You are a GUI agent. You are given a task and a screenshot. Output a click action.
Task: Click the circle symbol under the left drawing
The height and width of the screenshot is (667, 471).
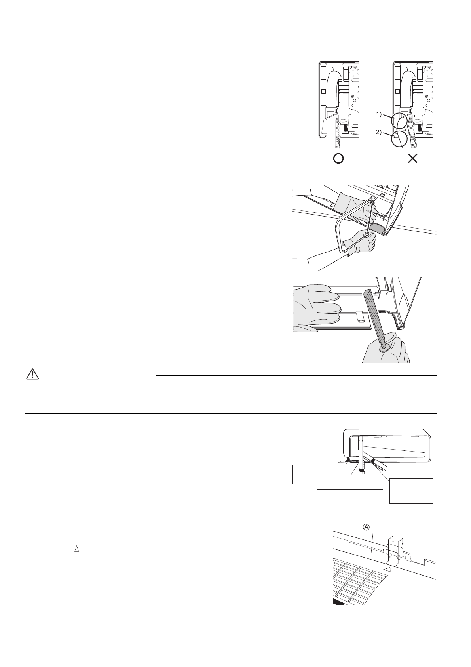click(x=338, y=159)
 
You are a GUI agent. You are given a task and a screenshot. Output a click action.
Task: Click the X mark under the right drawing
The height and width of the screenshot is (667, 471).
click(x=412, y=159)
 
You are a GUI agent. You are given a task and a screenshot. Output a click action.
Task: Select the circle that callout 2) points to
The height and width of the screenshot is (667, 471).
click(x=399, y=139)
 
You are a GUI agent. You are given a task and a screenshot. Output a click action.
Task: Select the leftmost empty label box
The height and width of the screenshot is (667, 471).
click(x=321, y=475)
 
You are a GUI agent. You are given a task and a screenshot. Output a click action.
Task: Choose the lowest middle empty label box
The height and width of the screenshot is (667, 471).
click(x=350, y=498)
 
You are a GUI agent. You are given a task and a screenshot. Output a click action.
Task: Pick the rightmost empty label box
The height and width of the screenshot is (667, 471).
click(x=411, y=491)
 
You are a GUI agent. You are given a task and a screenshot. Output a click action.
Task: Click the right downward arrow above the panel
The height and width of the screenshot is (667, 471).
click(x=403, y=541)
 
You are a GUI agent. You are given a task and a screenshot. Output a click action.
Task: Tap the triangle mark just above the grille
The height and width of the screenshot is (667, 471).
click(x=388, y=569)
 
